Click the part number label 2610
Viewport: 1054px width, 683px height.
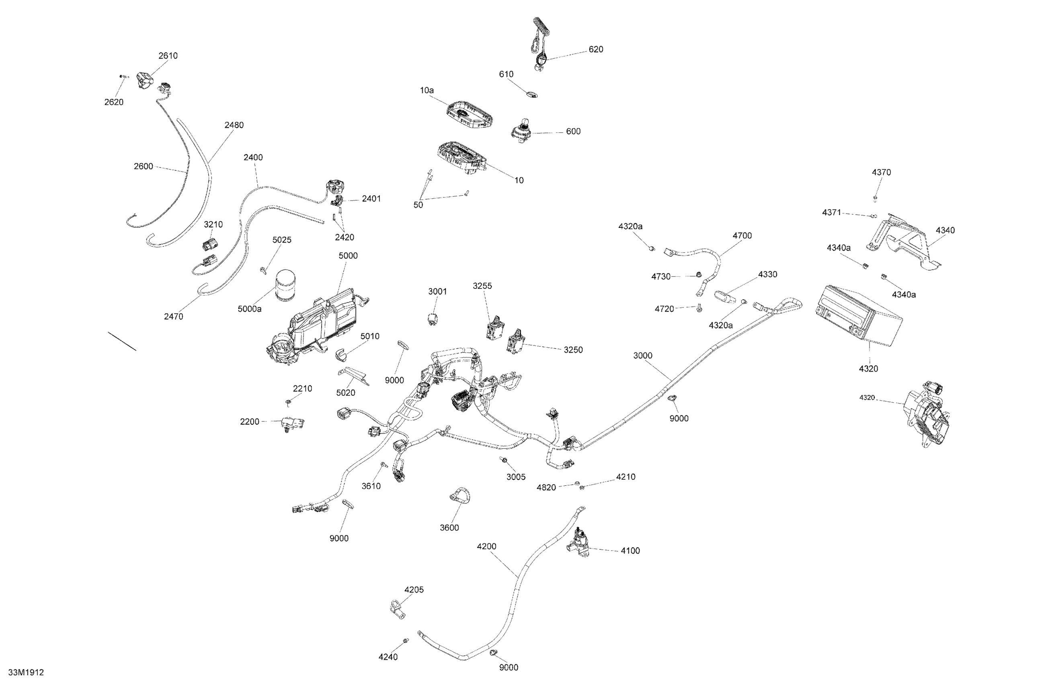(168, 56)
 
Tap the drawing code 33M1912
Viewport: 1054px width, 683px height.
(26, 673)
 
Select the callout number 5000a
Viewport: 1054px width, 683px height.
(249, 309)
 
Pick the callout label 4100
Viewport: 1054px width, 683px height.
(630, 551)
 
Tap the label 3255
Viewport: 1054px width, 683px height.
(482, 286)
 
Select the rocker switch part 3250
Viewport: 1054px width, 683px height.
(515, 341)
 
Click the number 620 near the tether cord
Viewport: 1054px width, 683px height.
(596, 49)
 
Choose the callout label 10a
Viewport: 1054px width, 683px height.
(427, 90)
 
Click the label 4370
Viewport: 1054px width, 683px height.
(881, 173)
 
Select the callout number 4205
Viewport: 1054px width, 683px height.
(414, 590)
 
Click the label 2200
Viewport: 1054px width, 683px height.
(249, 422)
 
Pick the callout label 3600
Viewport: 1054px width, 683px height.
(449, 528)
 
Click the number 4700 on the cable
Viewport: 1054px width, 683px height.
(742, 236)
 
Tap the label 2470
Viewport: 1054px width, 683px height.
(173, 317)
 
